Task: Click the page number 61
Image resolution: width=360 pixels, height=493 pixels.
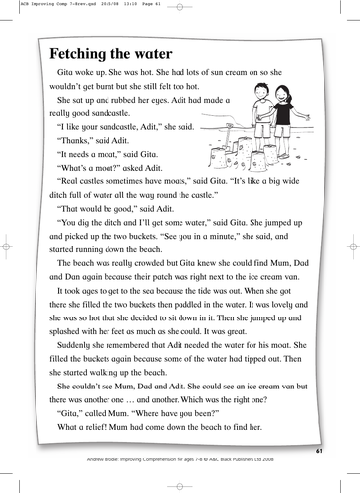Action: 318,451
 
